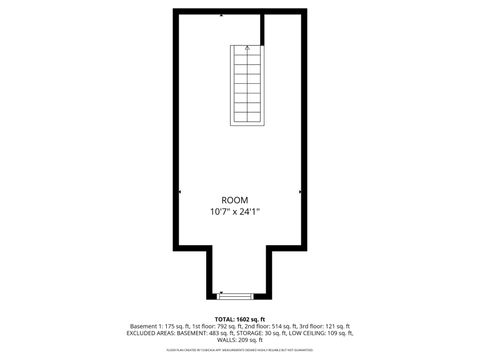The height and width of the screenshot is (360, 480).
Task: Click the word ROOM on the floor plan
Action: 235,199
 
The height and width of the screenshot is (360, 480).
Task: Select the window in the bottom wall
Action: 234,296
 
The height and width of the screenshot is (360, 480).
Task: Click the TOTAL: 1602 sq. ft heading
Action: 240,318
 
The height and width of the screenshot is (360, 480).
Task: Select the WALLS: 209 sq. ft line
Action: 240,340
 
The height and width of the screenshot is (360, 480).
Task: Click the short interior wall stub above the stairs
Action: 262,28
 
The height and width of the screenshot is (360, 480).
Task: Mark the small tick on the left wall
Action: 178,191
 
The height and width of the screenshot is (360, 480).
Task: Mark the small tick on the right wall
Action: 303,191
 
